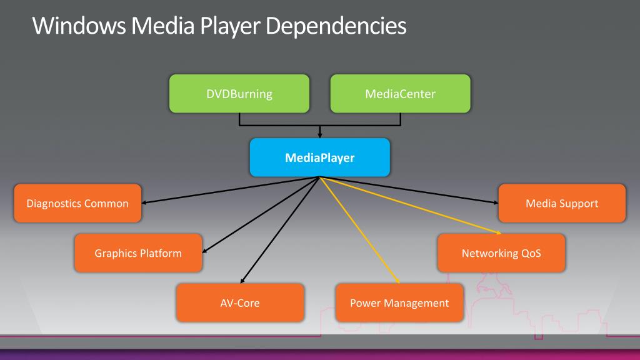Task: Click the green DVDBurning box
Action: click(x=239, y=94)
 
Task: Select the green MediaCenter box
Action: click(x=400, y=94)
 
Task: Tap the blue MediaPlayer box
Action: click(x=319, y=157)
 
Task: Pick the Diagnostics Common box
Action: click(x=77, y=203)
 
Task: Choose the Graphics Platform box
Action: click(x=138, y=253)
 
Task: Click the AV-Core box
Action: click(x=240, y=303)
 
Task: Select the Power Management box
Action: click(x=399, y=303)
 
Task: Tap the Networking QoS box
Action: click(x=501, y=253)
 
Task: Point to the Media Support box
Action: click(x=562, y=203)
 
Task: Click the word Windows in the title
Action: click(x=79, y=26)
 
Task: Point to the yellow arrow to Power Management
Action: click(x=359, y=230)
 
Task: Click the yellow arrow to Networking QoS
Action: click(x=410, y=205)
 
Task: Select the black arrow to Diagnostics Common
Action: click(x=230, y=190)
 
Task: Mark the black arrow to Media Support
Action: click(x=409, y=190)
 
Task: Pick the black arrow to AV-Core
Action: click(x=279, y=230)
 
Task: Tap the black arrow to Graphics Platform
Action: click(x=261, y=215)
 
